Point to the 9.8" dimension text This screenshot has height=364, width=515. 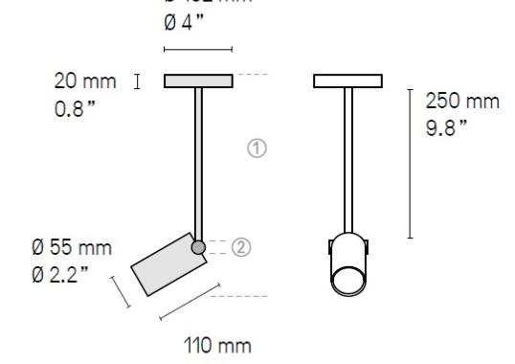tap(446, 125)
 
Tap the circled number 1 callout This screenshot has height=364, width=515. tap(256, 148)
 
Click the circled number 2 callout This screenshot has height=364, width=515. tap(241, 247)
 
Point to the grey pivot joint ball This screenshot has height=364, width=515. tap(198, 248)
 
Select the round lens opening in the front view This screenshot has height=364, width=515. tap(347, 283)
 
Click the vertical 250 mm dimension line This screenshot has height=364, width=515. tap(411, 163)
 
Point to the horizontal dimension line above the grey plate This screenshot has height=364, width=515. tap(198, 49)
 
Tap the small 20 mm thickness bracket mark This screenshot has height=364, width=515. tap(139, 80)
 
